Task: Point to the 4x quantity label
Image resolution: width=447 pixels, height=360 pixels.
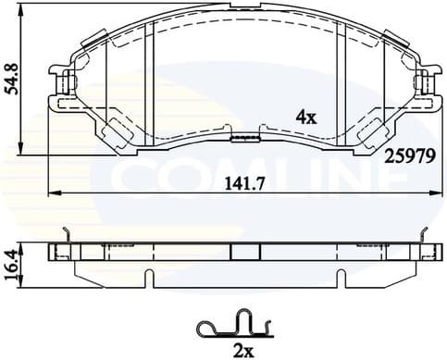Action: (x=305, y=117)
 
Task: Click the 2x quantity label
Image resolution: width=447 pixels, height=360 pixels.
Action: (x=243, y=349)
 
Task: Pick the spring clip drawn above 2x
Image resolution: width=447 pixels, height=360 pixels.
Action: (x=235, y=324)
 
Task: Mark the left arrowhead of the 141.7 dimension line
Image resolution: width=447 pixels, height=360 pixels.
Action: (x=53, y=192)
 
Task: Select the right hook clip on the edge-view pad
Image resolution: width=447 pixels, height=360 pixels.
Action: (x=427, y=237)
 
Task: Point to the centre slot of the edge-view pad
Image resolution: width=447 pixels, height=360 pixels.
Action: (x=245, y=252)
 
